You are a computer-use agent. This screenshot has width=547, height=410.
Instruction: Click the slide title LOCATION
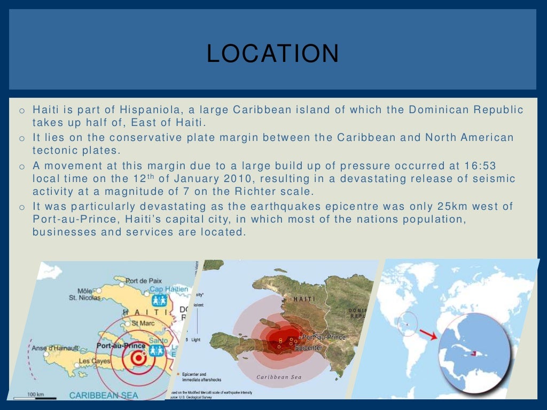(272, 53)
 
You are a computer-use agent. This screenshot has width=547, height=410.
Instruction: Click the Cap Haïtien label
(168, 289)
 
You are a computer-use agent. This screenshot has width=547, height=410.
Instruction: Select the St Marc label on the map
(142, 323)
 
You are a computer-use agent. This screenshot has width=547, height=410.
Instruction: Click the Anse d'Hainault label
(55, 348)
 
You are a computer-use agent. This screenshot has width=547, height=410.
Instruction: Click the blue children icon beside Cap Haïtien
(159, 299)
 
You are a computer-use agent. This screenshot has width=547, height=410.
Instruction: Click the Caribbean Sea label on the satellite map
(279, 377)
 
